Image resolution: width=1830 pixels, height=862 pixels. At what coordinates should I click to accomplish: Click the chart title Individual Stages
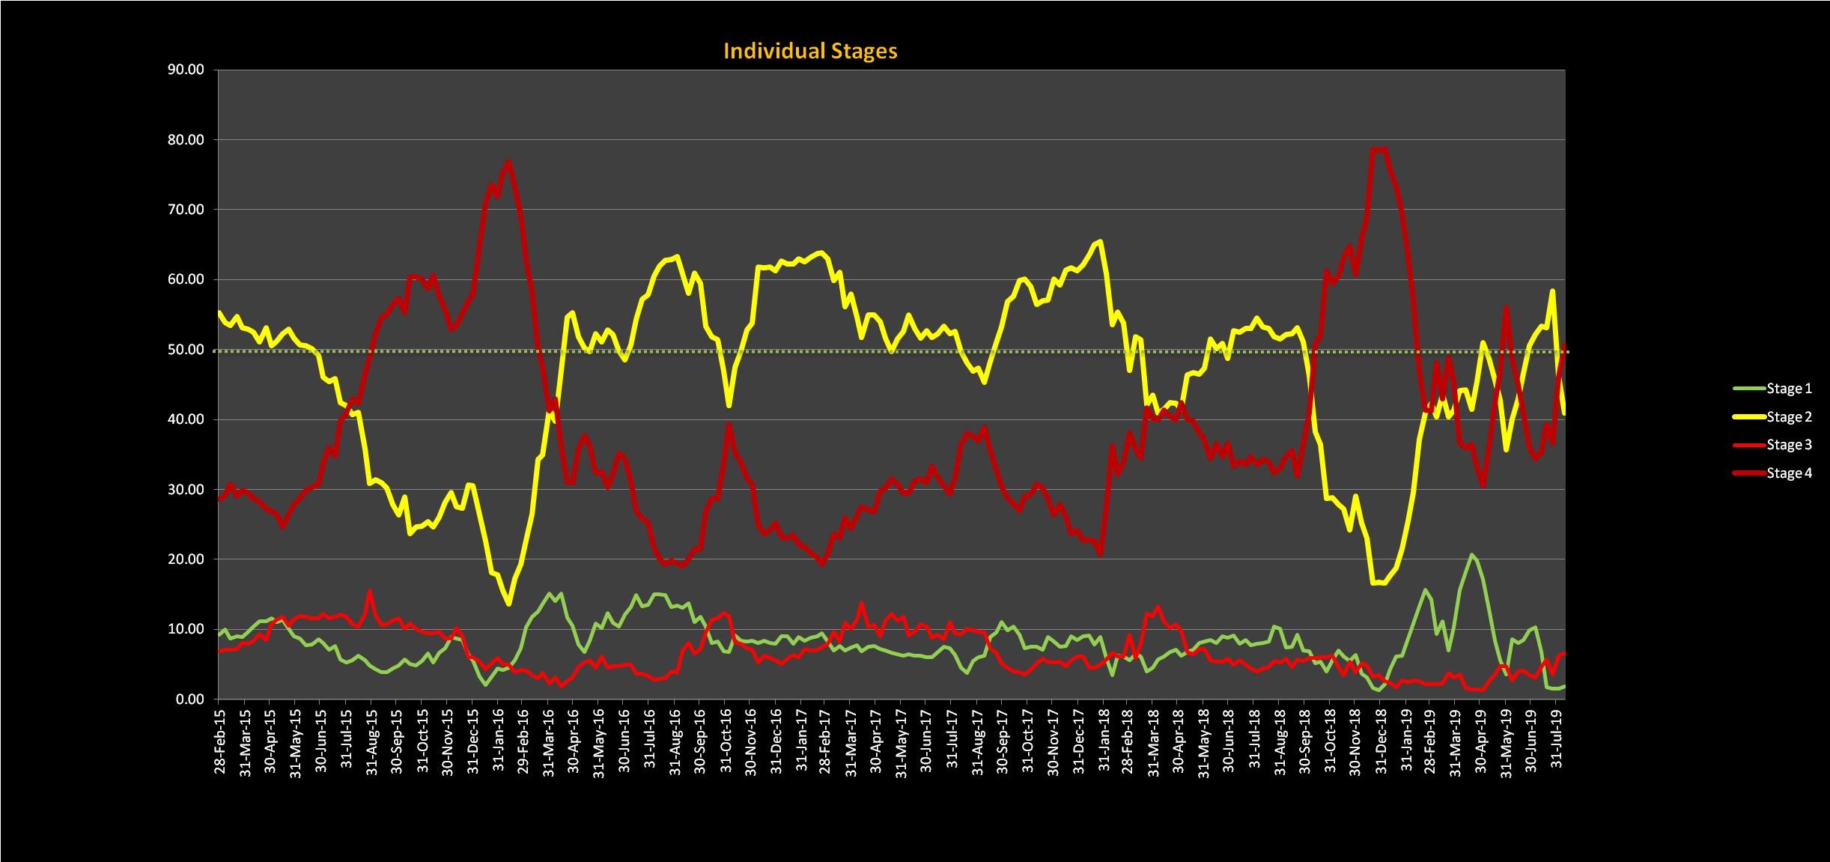(810, 51)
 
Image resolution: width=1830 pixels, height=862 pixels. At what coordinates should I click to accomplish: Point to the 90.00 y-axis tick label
(186, 70)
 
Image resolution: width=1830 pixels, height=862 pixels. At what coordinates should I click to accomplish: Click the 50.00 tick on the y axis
(186, 350)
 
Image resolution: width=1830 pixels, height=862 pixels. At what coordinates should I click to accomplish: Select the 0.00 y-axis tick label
(189, 699)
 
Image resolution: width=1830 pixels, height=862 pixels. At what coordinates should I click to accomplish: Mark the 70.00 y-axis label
(186, 210)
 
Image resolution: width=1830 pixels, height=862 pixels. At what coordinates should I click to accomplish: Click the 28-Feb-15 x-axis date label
(220, 741)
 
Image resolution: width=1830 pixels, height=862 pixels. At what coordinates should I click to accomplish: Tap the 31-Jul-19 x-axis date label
(1557, 741)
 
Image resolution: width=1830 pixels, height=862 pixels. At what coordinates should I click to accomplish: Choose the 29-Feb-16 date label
(523, 741)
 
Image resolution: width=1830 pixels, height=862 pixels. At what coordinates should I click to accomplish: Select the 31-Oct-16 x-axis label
(725, 741)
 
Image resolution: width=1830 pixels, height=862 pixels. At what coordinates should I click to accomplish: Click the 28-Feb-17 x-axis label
(825, 741)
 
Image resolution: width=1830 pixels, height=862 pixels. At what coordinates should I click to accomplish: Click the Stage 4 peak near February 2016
(509, 161)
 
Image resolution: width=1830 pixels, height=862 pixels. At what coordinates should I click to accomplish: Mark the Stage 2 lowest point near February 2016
(509, 604)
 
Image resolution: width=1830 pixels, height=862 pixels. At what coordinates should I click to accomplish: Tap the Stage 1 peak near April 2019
(1471, 555)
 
